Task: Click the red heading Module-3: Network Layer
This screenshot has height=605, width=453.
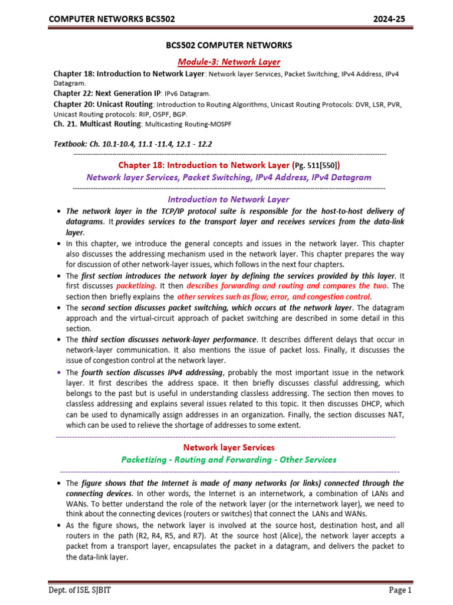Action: point(229,61)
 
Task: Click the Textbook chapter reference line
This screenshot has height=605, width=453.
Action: point(133,144)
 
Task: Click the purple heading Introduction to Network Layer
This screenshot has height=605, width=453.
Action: point(229,200)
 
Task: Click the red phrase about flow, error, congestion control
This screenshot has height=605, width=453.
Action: point(274,297)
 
